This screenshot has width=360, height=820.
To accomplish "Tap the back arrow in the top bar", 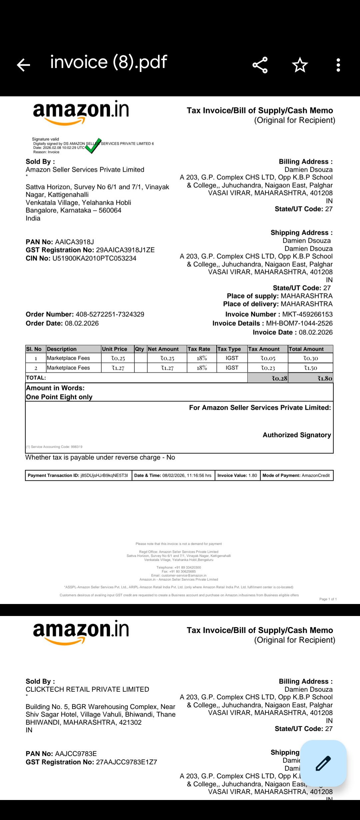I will click(23, 65).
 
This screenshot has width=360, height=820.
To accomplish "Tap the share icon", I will click(260, 65).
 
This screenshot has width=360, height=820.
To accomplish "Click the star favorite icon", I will click(300, 65).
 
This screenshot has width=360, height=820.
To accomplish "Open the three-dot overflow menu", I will click(338, 65).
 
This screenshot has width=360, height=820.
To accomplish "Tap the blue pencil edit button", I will click(323, 763).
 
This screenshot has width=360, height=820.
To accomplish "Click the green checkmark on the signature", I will click(93, 146).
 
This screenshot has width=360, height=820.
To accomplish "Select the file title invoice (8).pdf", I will click(108, 62).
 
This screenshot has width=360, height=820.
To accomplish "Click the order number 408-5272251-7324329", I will click(110, 314).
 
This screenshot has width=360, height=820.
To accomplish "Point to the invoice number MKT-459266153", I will click(307, 314).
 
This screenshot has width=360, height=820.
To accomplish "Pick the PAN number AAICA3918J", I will click(74, 242).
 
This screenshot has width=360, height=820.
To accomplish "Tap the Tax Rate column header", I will click(199, 349).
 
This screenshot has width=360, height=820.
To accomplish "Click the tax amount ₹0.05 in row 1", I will click(268, 358).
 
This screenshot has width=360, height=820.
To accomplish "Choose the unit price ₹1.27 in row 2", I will click(118, 368).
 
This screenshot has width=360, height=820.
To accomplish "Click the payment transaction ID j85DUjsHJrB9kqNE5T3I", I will click(104, 475).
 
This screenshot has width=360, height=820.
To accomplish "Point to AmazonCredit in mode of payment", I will click(315, 475).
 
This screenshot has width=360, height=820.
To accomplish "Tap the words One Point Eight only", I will click(59, 397).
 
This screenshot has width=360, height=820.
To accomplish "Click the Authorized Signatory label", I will click(297, 435).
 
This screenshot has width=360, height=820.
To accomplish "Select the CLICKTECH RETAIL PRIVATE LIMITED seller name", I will click(87, 689).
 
